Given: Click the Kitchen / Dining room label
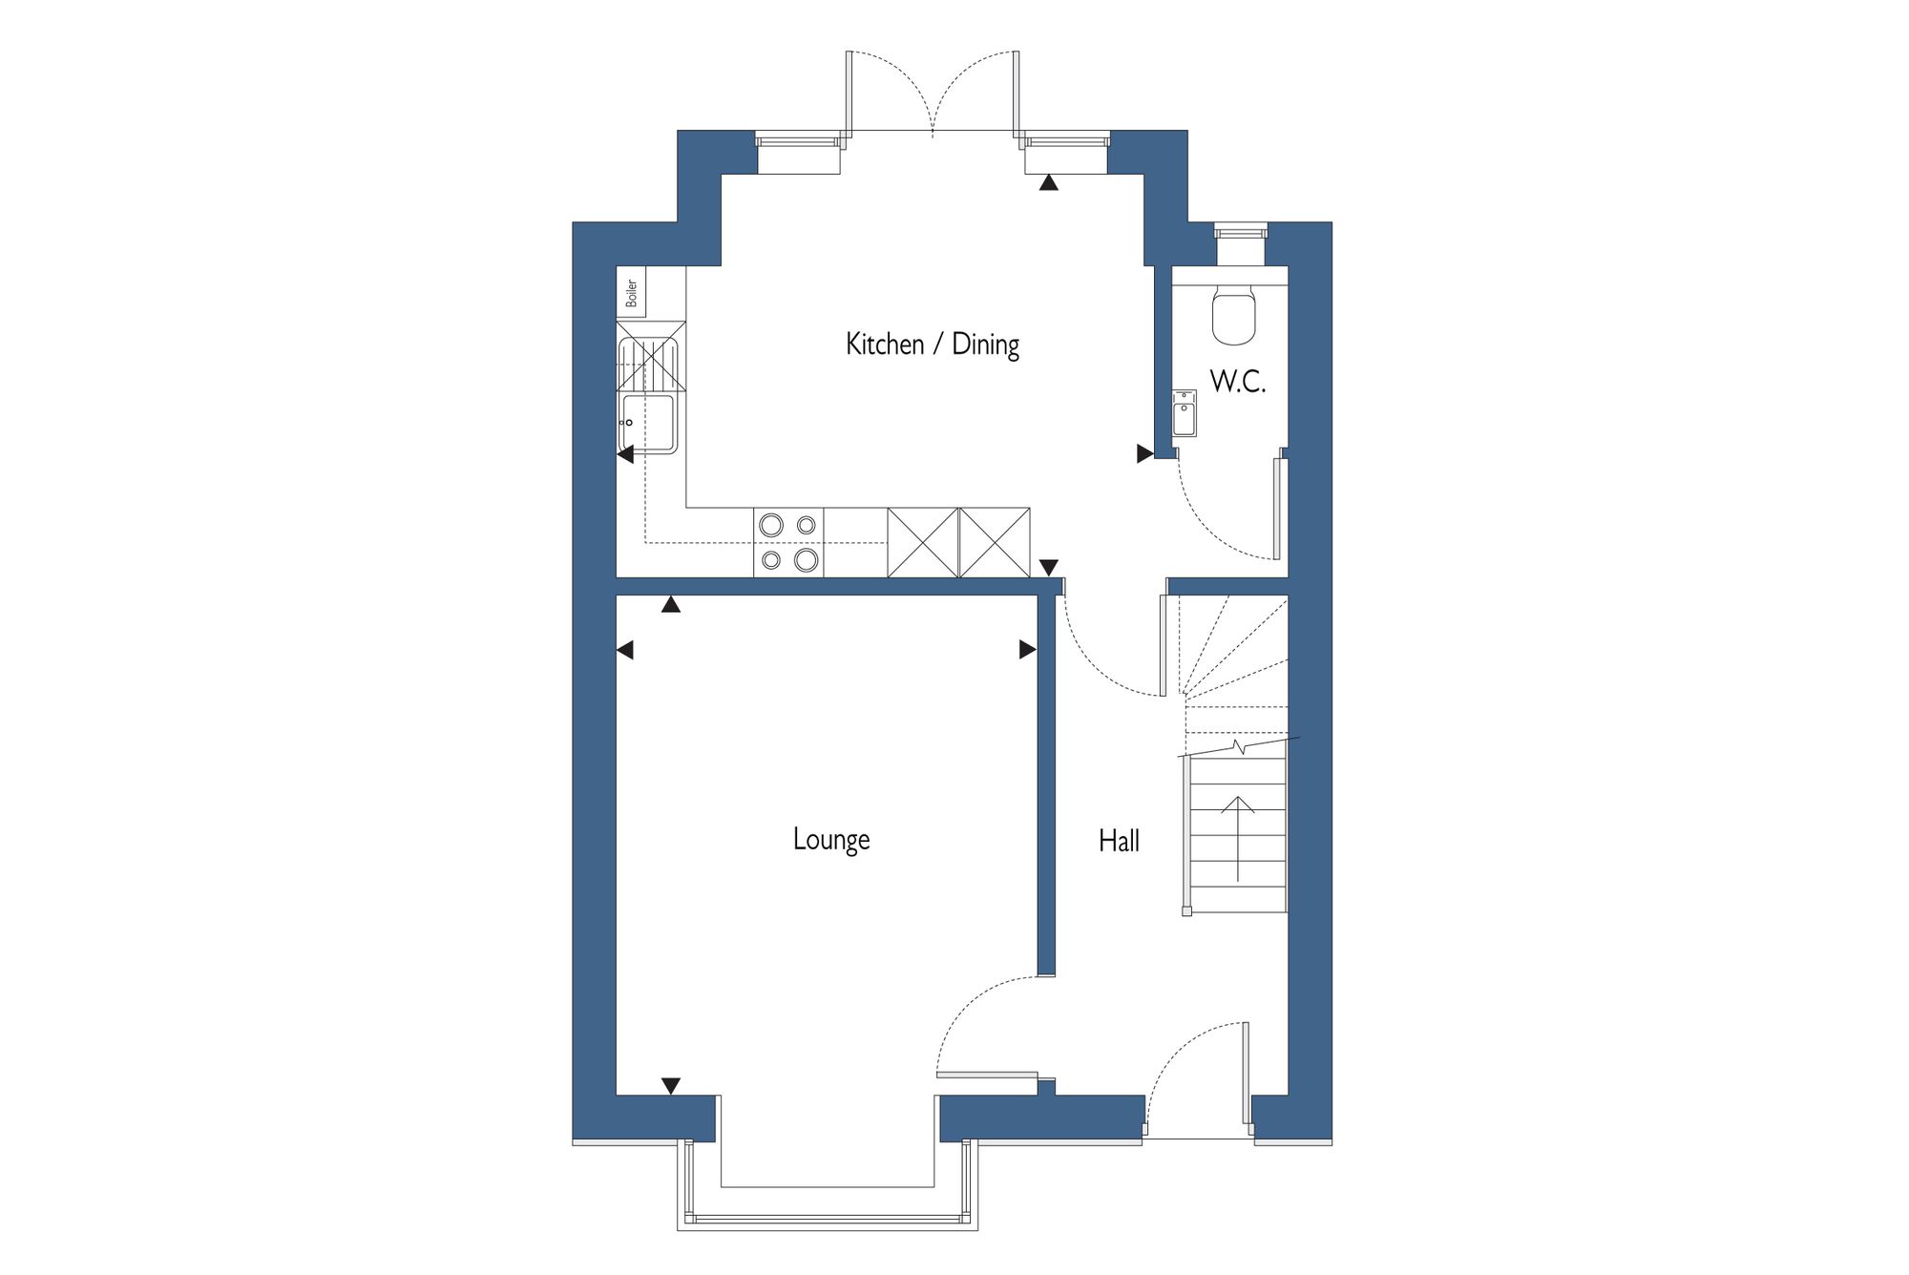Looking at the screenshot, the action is pyautogui.click(x=933, y=344).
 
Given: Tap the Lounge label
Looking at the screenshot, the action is pyautogui.click(x=831, y=839).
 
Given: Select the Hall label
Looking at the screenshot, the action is pyautogui.click(x=1119, y=841).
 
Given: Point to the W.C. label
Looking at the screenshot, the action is pyautogui.click(x=1238, y=382).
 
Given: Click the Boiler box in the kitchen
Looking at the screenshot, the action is pyautogui.click(x=632, y=292).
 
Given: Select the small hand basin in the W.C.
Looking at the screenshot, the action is pyautogui.click(x=1185, y=413).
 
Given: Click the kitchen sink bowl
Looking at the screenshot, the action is pyautogui.click(x=649, y=423).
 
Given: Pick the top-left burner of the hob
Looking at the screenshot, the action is pyautogui.click(x=771, y=525).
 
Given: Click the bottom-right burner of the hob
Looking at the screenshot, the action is pyautogui.click(x=807, y=560).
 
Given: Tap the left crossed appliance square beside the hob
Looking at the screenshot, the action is pyautogui.click(x=923, y=542).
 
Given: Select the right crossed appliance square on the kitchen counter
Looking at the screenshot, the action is pyautogui.click(x=995, y=542).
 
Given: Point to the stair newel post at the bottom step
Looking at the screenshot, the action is pyautogui.click(x=1186, y=911).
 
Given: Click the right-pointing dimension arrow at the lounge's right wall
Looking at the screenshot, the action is pyautogui.click(x=1028, y=650).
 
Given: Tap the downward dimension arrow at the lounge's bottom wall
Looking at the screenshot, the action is pyautogui.click(x=671, y=1086).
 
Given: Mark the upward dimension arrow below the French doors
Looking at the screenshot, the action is pyautogui.click(x=1049, y=182).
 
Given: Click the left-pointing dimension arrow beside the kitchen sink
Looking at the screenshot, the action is pyautogui.click(x=625, y=455).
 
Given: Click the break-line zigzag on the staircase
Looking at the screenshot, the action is pyautogui.click(x=1239, y=746).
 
